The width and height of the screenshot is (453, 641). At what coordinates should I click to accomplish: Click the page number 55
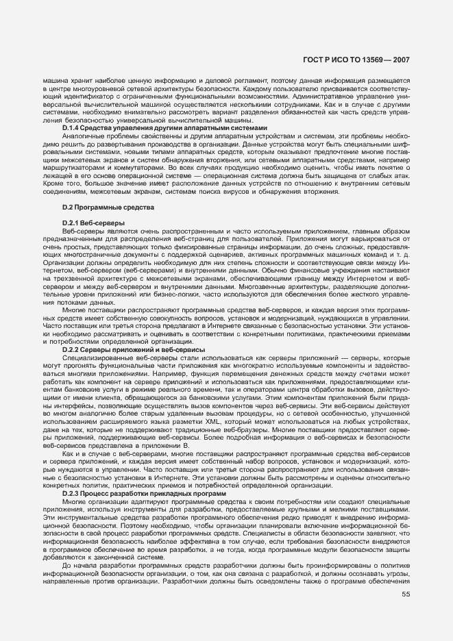406,612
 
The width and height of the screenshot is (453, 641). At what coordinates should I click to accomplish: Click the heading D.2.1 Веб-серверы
93,223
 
